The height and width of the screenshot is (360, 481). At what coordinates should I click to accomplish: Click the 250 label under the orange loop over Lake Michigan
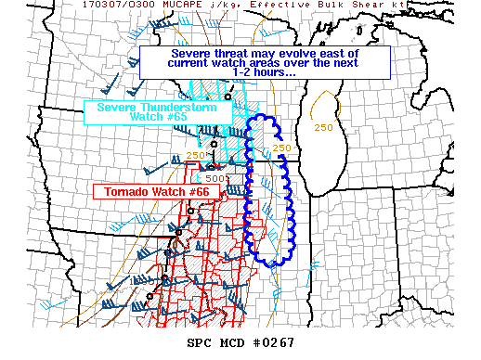pyautogui.click(x=322, y=127)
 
